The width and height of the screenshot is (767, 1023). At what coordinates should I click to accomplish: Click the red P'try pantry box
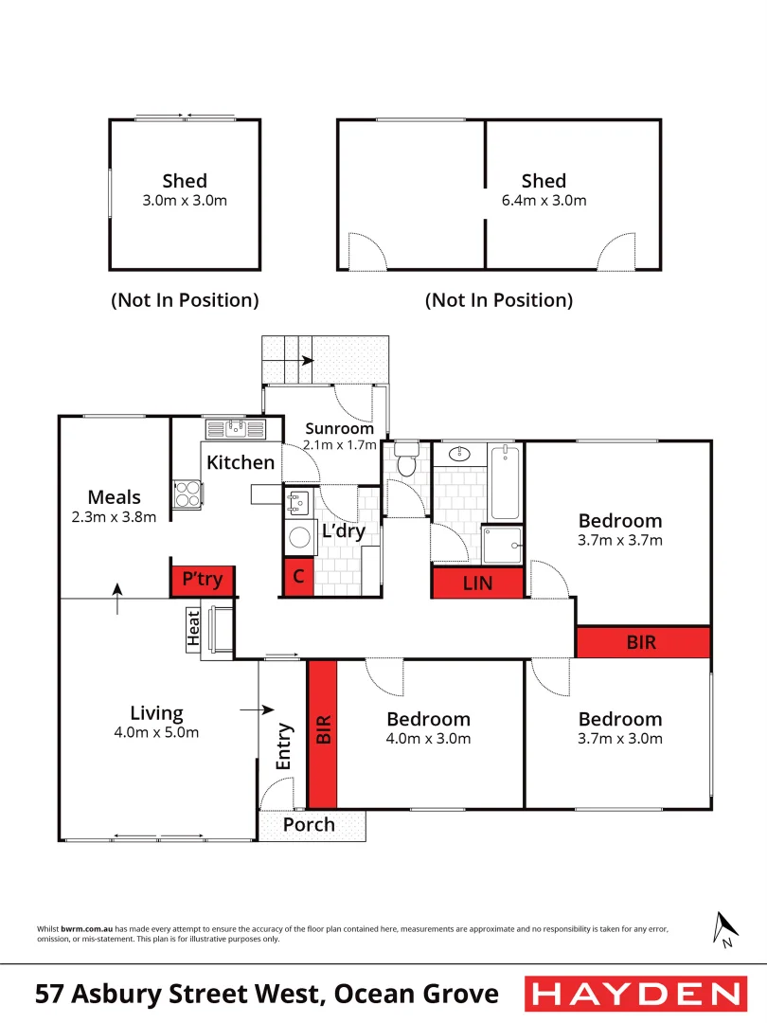[203, 580]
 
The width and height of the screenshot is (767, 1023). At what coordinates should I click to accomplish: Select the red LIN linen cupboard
[478, 583]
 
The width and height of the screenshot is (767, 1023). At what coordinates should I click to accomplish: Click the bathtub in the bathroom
[506, 482]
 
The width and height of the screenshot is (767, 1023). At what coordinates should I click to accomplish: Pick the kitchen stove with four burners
[187, 494]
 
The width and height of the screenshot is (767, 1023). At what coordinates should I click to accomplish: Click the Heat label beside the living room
[194, 629]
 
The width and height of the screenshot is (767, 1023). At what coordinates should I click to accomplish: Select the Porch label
[309, 824]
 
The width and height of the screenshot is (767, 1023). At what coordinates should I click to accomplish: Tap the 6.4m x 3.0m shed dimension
[544, 201]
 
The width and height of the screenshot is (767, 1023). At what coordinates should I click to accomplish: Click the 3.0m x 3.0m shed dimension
[185, 201]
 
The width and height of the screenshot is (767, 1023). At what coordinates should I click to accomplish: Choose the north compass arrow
[725, 928]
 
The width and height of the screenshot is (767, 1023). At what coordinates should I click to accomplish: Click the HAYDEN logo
[634, 994]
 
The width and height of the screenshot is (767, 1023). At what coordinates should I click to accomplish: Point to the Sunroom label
[339, 429]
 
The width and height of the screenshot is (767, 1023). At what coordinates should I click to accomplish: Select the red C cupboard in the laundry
[298, 578]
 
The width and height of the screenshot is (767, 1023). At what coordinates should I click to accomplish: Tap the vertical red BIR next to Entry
[323, 728]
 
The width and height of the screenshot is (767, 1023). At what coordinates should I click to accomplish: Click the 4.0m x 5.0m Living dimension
[156, 732]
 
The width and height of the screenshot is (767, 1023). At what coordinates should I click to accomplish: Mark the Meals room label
[114, 497]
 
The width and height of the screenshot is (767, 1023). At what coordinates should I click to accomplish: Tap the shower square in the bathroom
[502, 540]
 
